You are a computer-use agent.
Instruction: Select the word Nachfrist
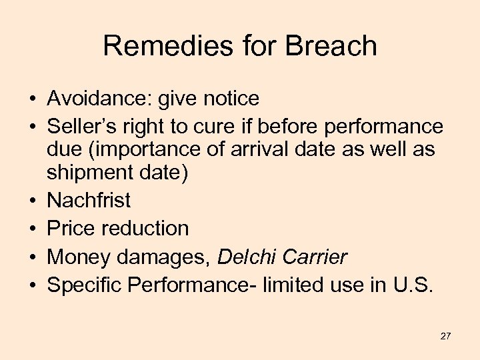[89, 200]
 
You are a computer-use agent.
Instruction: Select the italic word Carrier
[315, 256]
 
